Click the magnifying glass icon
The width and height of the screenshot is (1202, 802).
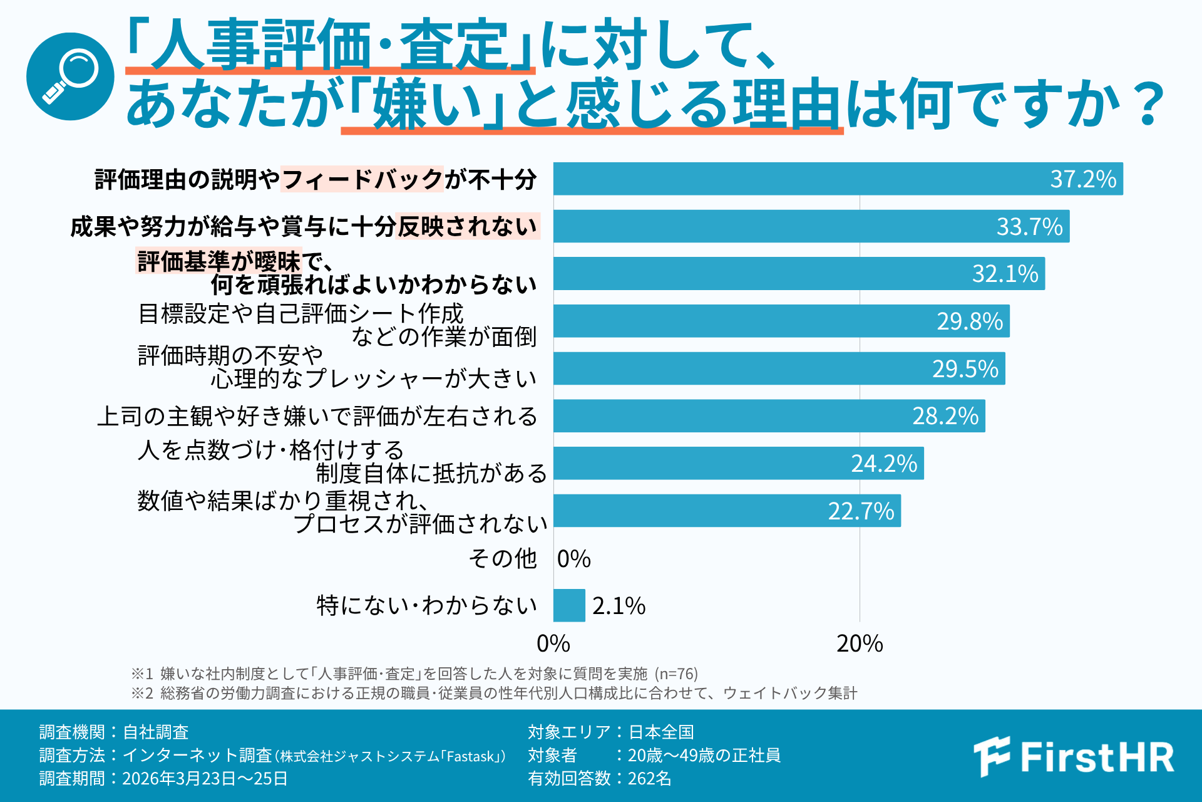point(70,76)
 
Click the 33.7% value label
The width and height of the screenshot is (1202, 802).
point(1029,226)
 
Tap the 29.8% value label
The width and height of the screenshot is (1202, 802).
point(970,321)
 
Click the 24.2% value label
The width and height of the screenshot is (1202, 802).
point(883,464)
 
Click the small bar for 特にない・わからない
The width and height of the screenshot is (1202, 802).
point(569,605)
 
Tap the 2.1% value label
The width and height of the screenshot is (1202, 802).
point(619,606)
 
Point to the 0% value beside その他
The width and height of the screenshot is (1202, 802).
point(573,559)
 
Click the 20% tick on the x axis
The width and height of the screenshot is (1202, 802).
point(860,643)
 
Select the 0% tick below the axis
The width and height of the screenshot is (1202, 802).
point(553,643)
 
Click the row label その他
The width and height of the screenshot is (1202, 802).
point(503,558)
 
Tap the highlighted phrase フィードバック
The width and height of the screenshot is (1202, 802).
point(362,179)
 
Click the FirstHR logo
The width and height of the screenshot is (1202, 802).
point(1073,757)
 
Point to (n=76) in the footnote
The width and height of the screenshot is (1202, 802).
point(676,674)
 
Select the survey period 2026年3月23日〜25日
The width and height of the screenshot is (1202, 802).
point(205,778)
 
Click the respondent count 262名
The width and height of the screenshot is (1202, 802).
point(649,778)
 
